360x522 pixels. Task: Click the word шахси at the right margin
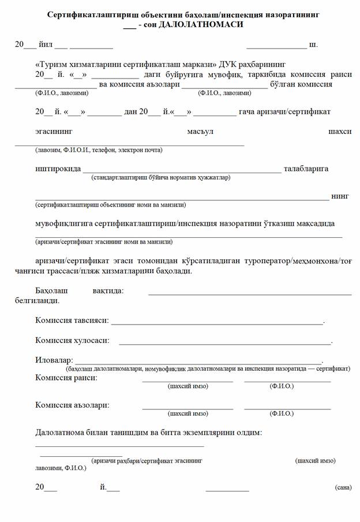click(x=339, y=132)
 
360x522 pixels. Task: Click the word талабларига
click(x=306, y=169)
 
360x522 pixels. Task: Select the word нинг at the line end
click(x=340, y=196)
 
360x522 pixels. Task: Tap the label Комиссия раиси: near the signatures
click(x=66, y=378)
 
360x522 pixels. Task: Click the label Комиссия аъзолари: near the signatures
click(x=72, y=405)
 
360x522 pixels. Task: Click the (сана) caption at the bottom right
click(x=343, y=488)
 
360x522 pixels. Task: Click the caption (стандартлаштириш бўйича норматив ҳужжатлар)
click(x=160, y=177)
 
